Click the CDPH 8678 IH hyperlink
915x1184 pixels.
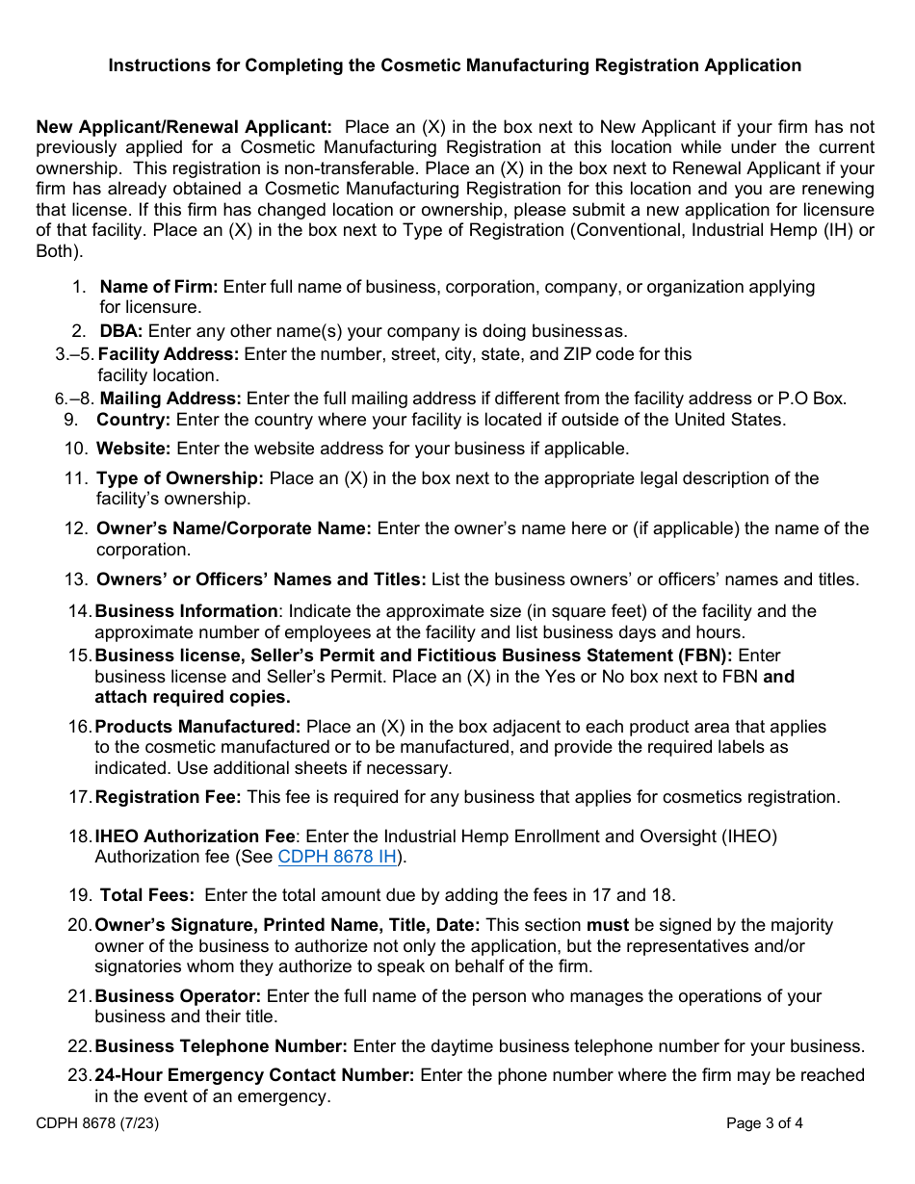(336, 857)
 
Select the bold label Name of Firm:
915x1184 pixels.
(160, 287)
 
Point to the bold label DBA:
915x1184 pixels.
(121, 331)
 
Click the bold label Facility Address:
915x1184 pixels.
(169, 354)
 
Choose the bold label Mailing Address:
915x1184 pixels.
(170, 399)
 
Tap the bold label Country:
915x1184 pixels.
(133, 420)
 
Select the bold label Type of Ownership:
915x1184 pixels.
(179, 478)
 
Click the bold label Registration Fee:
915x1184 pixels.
(168, 797)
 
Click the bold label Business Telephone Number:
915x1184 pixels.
(221, 1046)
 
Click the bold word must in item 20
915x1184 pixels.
(607, 925)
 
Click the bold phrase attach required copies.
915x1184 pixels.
(192, 697)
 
